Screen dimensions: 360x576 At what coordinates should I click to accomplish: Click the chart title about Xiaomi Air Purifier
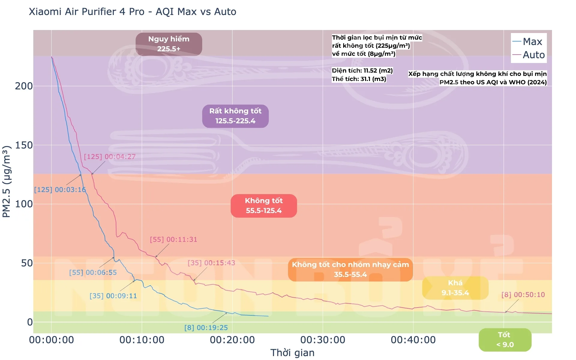click(x=132, y=12)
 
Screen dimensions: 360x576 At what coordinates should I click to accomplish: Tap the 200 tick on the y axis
click(x=24, y=86)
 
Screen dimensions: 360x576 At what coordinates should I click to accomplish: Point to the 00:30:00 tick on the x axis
click(x=322, y=340)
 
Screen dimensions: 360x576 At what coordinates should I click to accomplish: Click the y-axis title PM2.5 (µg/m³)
click(x=7, y=181)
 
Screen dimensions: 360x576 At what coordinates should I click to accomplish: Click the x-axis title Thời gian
click(x=292, y=353)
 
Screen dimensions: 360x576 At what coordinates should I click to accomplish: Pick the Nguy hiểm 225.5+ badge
click(x=169, y=44)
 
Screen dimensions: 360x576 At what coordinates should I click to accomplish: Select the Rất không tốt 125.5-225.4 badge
click(x=235, y=116)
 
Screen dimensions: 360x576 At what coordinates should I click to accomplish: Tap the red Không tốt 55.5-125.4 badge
click(x=263, y=205)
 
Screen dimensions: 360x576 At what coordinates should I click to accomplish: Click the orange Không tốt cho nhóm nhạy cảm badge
click(x=350, y=269)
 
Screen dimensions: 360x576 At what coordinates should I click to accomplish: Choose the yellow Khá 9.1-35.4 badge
click(x=455, y=288)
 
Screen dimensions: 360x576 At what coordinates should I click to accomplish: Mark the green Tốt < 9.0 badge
click(x=505, y=340)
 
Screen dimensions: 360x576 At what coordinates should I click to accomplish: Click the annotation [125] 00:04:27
click(x=109, y=157)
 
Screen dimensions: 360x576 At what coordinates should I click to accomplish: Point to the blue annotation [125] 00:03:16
click(x=60, y=190)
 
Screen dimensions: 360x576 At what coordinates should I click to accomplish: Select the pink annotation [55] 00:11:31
click(x=173, y=239)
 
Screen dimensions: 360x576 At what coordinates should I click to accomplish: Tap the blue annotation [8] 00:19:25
click(x=206, y=328)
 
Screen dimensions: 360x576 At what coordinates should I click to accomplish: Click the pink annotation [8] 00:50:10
click(x=523, y=295)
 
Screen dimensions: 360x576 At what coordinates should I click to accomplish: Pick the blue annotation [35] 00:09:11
click(x=113, y=296)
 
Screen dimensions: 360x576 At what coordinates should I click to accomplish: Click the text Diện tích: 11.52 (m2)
click(x=362, y=70)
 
